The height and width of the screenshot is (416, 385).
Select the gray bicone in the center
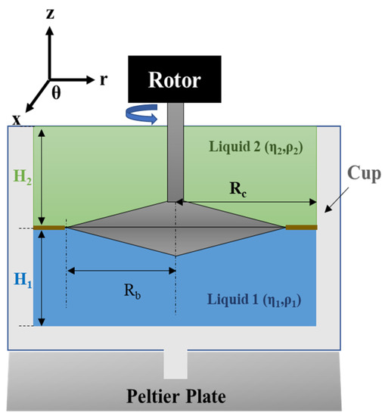(x=176, y=228)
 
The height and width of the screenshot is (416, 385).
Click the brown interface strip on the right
(x=301, y=227)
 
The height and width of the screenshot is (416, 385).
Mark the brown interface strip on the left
(x=51, y=227)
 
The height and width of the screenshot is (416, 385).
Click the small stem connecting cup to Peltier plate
(x=175, y=364)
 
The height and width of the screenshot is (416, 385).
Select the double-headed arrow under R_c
(x=247, y=202)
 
